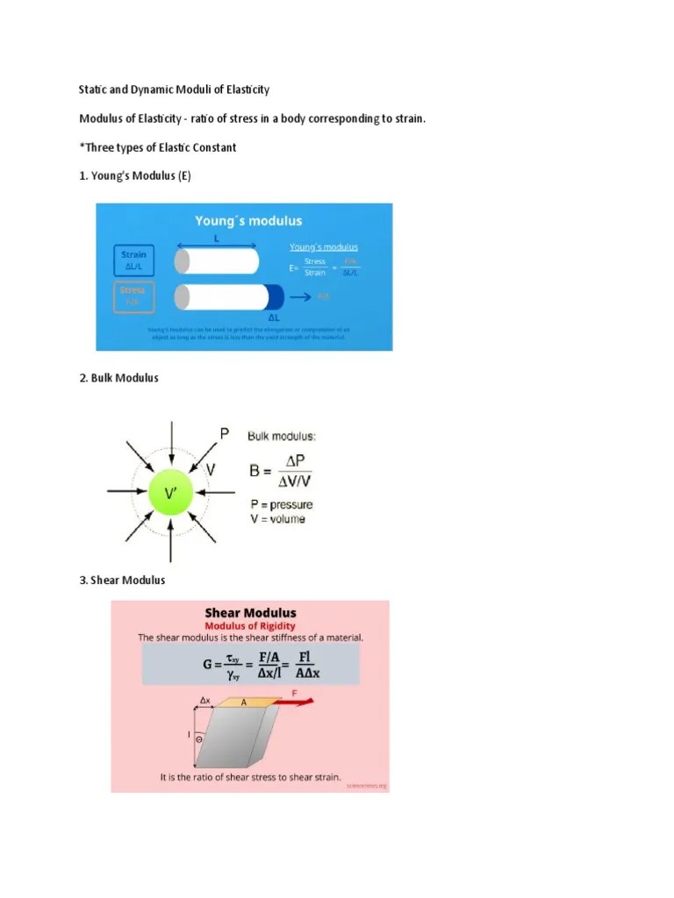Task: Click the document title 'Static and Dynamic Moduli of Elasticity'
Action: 174,89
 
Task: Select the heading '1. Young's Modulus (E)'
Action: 134,175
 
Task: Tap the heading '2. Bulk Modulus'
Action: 118,378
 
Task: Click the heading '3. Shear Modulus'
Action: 122,580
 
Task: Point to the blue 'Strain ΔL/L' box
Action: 134,260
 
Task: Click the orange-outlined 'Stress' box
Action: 133,296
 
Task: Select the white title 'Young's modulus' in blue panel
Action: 248,221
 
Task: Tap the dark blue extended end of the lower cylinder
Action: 273,296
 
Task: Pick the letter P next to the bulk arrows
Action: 225,433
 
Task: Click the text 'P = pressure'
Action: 281,504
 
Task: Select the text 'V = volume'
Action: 277,519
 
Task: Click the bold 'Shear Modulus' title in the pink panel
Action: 250,613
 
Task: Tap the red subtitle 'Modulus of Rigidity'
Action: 250,626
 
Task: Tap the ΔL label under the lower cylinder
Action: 274,317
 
